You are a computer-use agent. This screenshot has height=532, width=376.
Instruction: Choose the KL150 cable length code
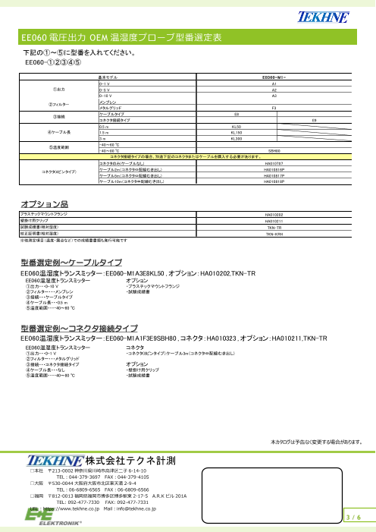(x=236, y=133)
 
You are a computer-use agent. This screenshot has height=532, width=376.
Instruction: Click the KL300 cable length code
(x=236, y=138)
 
